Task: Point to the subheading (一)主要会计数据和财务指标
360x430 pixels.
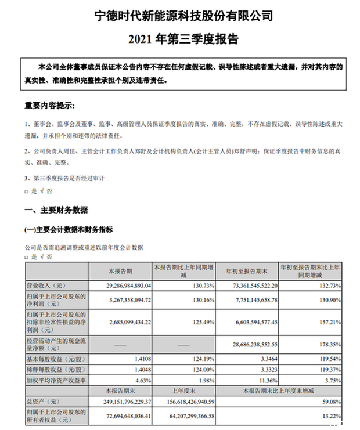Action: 68,229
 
